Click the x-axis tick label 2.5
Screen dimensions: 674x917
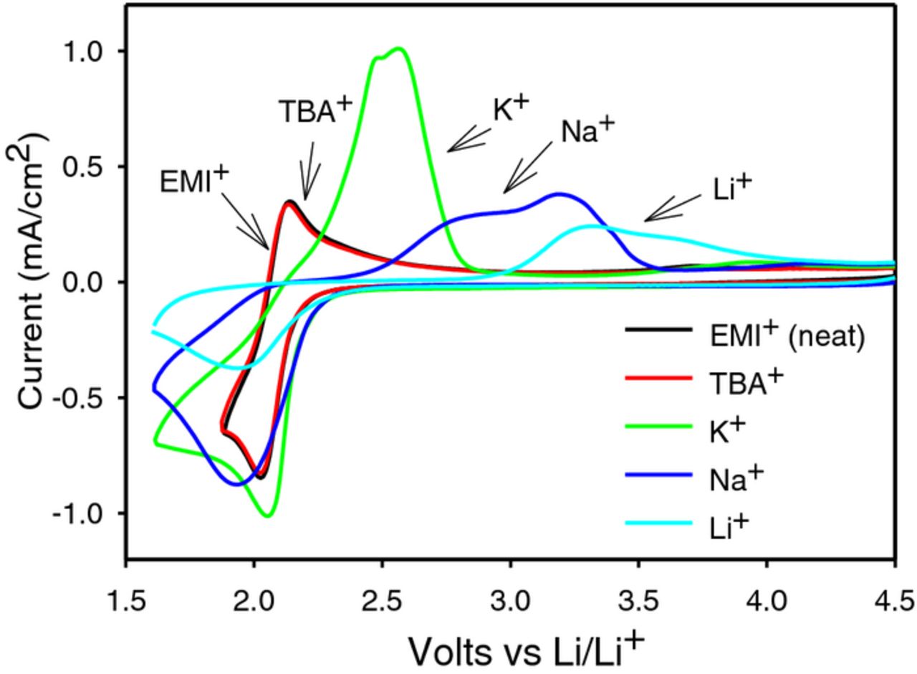point(382,597)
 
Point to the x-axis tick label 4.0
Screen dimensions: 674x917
point(767,597)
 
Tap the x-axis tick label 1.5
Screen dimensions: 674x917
point(126,597)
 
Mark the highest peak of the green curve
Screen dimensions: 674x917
point(399,49)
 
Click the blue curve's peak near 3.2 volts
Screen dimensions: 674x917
point(560,194)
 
